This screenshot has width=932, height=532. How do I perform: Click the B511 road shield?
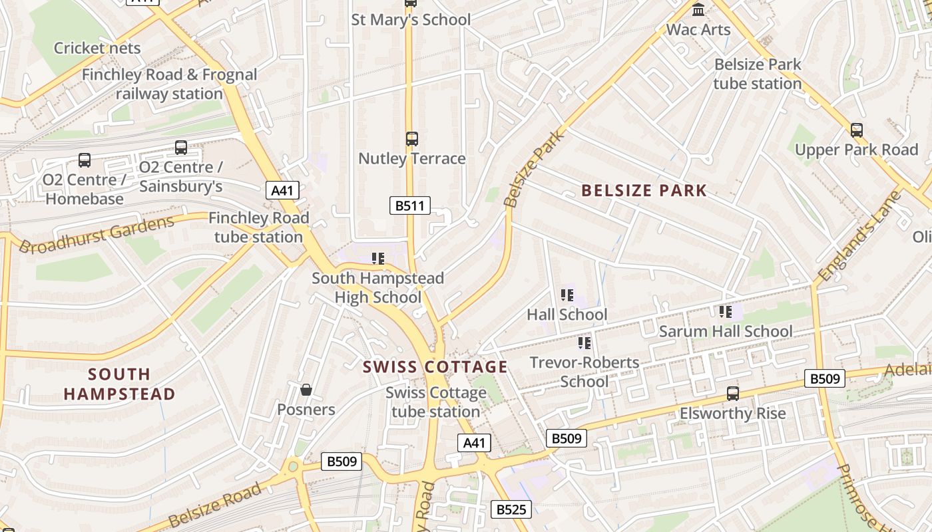coord(409,205)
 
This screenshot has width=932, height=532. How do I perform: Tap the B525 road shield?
coord(511,509)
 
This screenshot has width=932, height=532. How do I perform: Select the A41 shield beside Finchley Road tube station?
coord(282,190)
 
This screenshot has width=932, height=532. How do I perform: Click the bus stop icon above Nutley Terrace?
coord(412,139)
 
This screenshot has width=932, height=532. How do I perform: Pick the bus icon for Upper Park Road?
coord(857,130)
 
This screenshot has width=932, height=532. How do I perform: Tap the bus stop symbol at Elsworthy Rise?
coord(733,394)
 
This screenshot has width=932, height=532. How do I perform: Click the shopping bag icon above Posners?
coord(306,390)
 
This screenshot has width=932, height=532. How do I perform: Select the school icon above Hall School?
coord(567,295)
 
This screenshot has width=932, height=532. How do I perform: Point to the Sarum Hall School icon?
coord(726,311)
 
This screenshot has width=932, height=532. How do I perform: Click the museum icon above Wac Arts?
coord(698,10)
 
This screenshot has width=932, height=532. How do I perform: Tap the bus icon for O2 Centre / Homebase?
coord(85,160)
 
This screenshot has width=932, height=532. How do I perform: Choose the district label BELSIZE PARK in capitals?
coord(644,191)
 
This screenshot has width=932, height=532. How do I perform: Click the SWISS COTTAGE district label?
coord(435,367)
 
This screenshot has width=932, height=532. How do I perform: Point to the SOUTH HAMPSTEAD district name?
coord(119,384)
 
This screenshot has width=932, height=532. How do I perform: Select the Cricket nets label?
coord(97,48)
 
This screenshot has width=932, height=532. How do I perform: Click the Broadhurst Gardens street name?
coord(97,234)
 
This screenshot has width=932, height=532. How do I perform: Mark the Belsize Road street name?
coord(214,506)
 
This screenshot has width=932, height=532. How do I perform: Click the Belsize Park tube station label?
coord(758,74)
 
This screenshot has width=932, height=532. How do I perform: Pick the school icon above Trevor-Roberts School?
coord(584,343)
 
